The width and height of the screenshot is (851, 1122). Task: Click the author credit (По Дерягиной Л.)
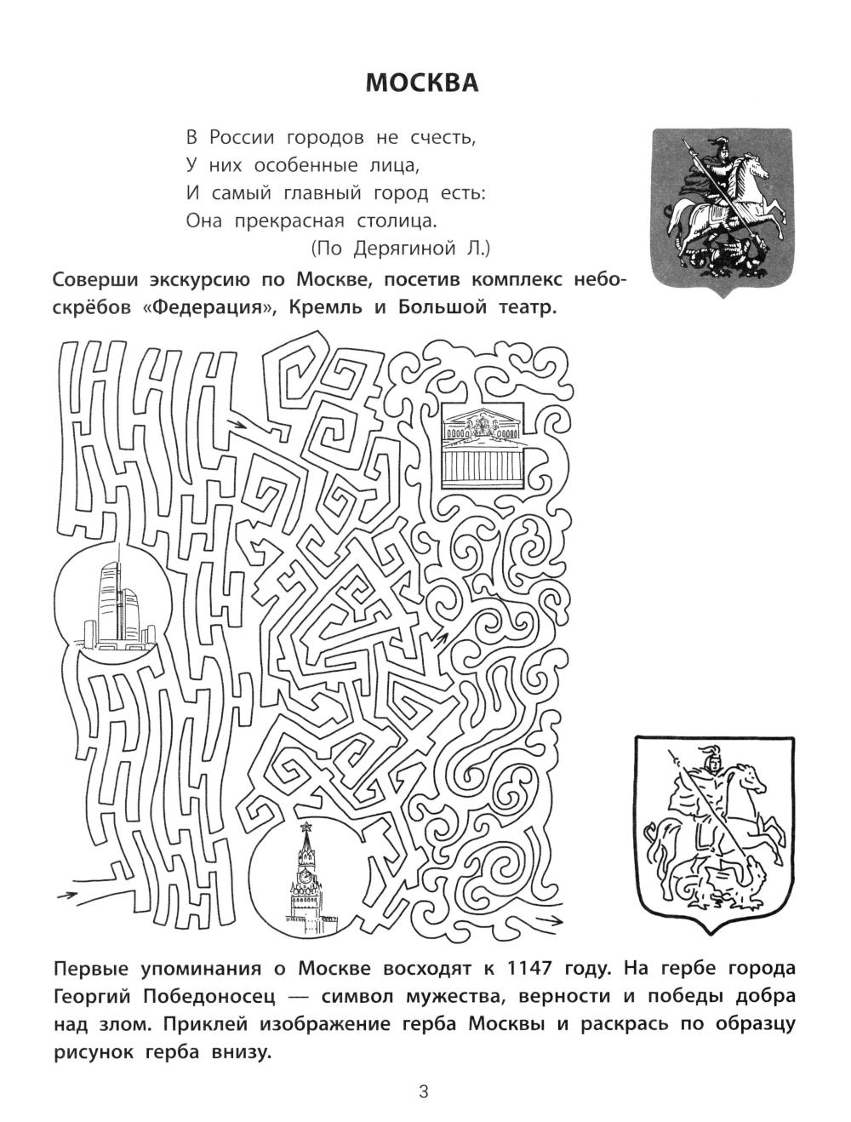click(x=400, y=249)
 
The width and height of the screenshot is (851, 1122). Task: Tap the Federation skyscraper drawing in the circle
click(x=114, y=604)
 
